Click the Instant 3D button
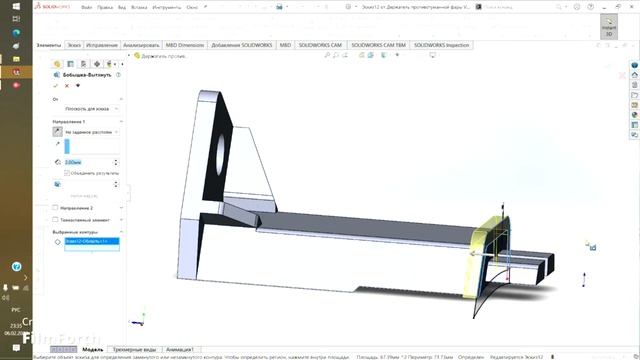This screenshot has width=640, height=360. coord(607,27)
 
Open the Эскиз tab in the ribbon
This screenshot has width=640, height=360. coord(74,46)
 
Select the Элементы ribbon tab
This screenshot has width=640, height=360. coord(48,46)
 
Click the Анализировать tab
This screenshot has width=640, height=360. coord(140,46)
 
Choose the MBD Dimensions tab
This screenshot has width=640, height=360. coord(185,46)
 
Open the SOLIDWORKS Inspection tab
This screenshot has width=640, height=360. coord(441,46)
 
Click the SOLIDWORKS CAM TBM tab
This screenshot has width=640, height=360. coord(379,46)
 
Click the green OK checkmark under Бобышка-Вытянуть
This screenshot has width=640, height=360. coord(56,86)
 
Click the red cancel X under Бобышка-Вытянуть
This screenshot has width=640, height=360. coord(66,86)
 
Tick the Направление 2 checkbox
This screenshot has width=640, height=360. coord(56,207)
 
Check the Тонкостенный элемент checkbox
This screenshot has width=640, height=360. coord(56,219)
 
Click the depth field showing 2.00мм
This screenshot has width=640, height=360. coord(91,161)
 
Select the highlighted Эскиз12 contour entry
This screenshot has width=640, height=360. coord(91,242)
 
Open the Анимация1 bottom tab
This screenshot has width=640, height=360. coord(181,350)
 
